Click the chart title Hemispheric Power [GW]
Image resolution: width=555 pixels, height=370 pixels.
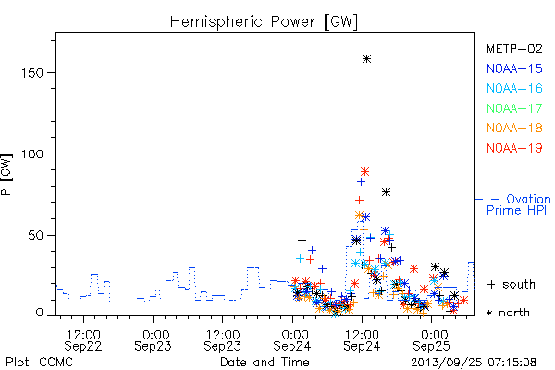pyautogui.click(x=264, y=21)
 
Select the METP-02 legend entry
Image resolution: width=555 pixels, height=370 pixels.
pyautogui.click(x=514, y=48)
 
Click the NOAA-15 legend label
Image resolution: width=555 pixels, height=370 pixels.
pyautogui.click(x=514, y=68)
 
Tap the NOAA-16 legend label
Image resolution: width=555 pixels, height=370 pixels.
pyautogui.click(x=514, y=88)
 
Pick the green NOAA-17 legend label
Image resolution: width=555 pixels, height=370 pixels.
pyautogui.click(x=514, y=108)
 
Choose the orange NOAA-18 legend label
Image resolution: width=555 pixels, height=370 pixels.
pyautogui.click(x=514, y=128)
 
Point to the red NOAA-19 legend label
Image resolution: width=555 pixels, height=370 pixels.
pyautogui.click(x=514, y=148)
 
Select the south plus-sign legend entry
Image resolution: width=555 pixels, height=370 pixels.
pyautogui.click(x=512, y=284)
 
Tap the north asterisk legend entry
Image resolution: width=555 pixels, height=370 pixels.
pyautogui.click(x=508, y=313)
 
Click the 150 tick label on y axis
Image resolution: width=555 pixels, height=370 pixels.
pyautogui.click(x=32, y=73)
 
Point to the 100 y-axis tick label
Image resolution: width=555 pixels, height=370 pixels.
pyautogui.click(x=32, y=154)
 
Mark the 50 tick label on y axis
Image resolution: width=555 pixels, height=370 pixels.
pyautogui.click(x=35, y=236)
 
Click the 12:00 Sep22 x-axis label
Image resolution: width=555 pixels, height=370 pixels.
pyautogui.click(x=83, y=340)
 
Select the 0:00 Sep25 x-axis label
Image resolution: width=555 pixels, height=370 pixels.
pyautogui.click(x=431, y=340)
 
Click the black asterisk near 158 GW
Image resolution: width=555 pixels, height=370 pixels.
pyautogui.click(x=366, y=59)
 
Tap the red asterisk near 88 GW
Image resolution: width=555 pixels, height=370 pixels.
pyautogui.click(x=365, y=172)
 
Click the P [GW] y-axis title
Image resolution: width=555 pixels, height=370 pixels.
pyautogui.click(x=6, y=175)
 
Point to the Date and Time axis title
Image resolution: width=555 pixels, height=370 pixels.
pyautogui.click(x=265, y=363)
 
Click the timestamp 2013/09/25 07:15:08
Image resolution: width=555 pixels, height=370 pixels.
pyautogui.click(x=474, y=363)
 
